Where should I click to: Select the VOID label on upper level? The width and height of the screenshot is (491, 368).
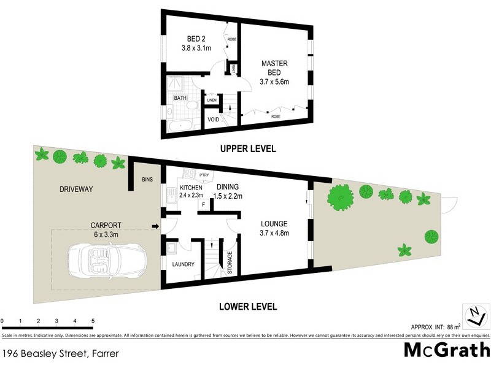pyautogui.click(x=214, y=119)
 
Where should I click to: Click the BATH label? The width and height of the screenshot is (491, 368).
pyautogui.click(x=180, y=98)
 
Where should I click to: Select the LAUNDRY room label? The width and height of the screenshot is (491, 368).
pyautogui.click(x=183, y=265)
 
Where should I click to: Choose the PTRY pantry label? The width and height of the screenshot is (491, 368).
pyautogui.click(x=204, y=175)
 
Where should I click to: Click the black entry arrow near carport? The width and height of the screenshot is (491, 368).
pyautogui.click(x=155, y=227)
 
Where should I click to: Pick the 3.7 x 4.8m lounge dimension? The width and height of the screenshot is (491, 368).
pyautogui.click(x=274, y=233)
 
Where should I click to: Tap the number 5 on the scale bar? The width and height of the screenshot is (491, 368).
pyautogui.click(x=93, y=321)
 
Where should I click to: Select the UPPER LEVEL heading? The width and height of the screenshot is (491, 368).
pyautogui.click(x=249, y=148)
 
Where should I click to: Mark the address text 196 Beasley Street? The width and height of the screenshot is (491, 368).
pyautogui.click(x=60, y=354)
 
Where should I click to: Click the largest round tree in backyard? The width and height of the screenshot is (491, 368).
pyautogui.click(x=339, y=197)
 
